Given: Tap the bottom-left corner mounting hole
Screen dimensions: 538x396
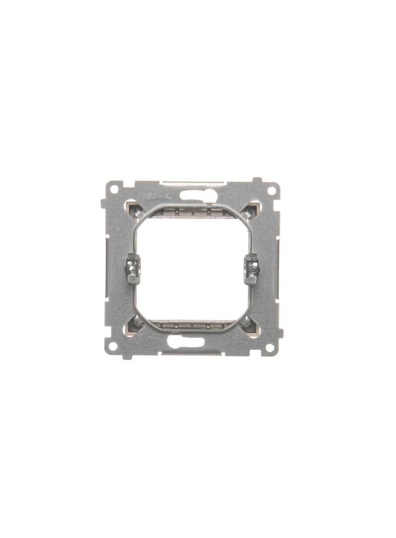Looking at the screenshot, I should [114, 346].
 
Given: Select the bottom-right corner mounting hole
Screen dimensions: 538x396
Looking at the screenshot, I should [270, 347].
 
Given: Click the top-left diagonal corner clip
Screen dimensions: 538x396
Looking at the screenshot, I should [133, 208].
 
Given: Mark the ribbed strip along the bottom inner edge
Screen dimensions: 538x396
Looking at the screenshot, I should [191, 325].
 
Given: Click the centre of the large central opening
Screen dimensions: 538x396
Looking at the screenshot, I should [192, 268].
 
